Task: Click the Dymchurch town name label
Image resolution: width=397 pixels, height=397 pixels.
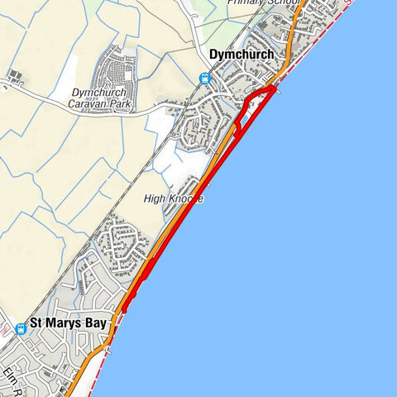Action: [242, 55]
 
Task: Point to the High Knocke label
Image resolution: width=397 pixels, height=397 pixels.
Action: [173, 199]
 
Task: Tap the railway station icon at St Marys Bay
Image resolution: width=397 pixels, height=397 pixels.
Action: [21, 328]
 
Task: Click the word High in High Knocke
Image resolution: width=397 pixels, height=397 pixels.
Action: [155, 199]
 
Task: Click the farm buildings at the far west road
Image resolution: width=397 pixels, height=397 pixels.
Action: [14, 79]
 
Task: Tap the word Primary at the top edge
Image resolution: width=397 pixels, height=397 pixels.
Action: [245, 3]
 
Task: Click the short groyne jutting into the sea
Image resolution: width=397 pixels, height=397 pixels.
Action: [280, 92]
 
